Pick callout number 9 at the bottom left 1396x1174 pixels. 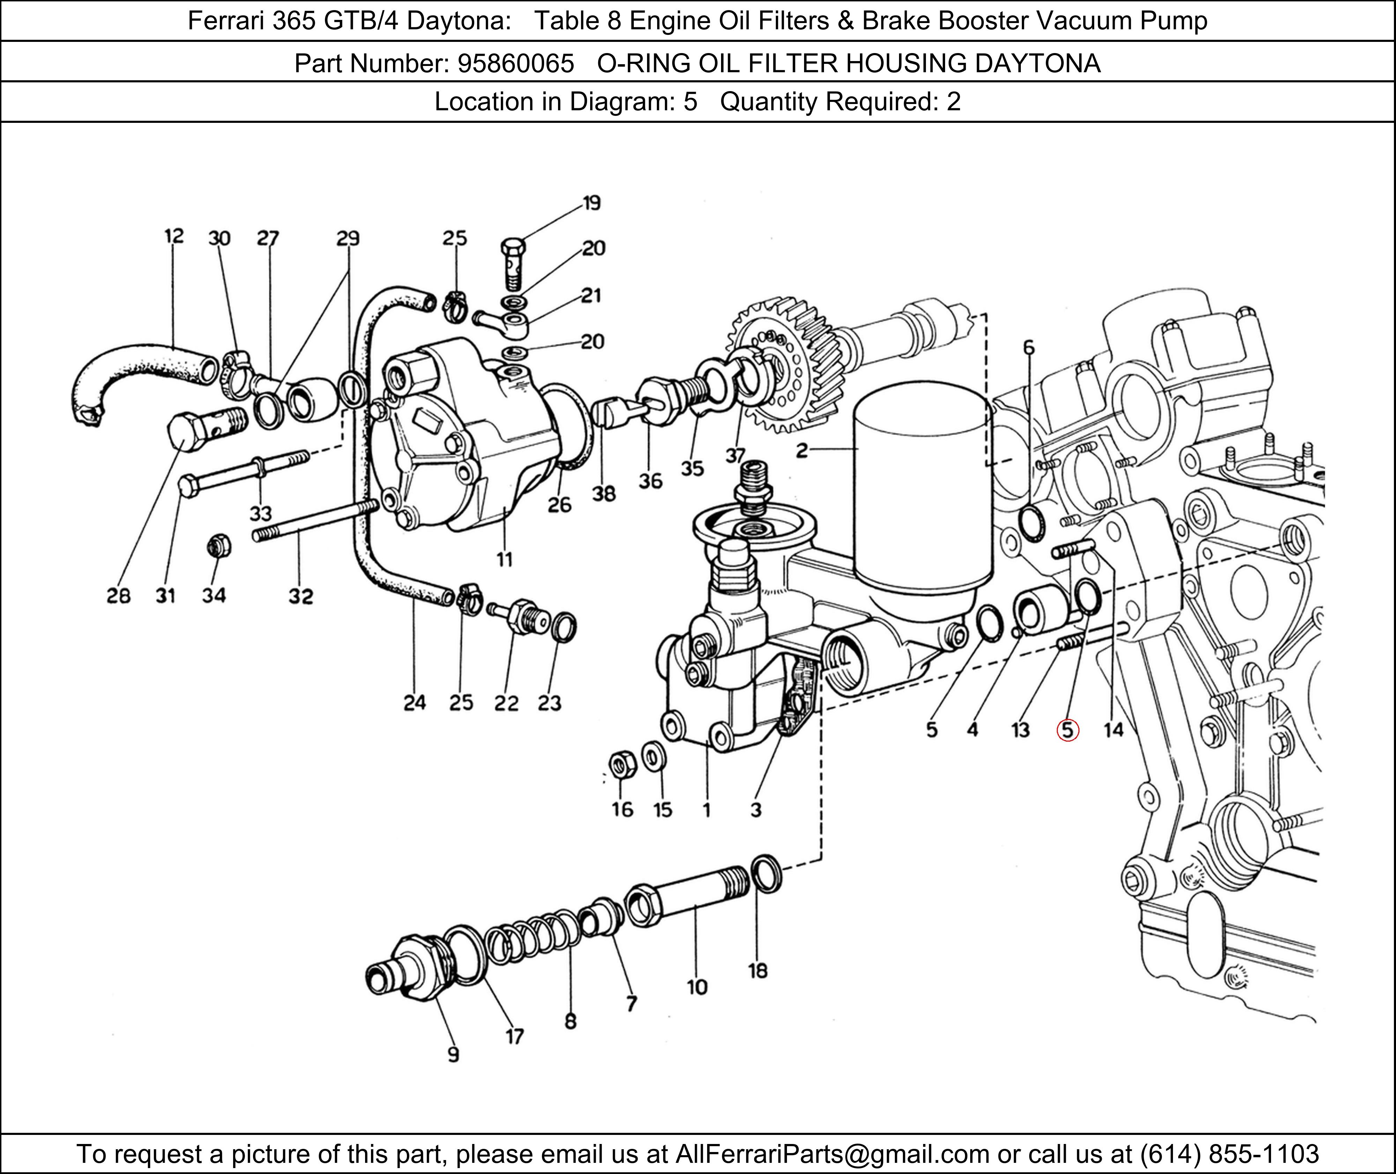pyautogui.click(x=453, y=1055)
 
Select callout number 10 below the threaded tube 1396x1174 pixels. pyautogui.click(x=697, y=987)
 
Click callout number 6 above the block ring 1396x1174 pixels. pyautogui.click(x=1029, y=347)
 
